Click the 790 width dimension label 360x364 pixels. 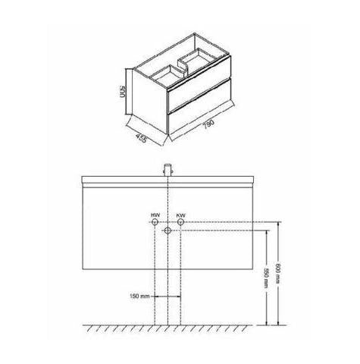click(x=209, y=124)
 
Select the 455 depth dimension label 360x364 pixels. click(x=141, y=138)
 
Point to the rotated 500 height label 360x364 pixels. click(x=123, y=92)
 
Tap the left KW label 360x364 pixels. click(x=155, y=215)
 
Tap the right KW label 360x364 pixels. click(x=180, y=215)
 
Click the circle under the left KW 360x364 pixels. click(x=155, y=222)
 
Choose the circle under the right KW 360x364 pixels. click(x=180, y=222)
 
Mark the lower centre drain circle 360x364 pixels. click(x=167, y=231)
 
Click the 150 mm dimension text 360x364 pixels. click(x=139, y=296)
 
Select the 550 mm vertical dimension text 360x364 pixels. click(x=265, y=278)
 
